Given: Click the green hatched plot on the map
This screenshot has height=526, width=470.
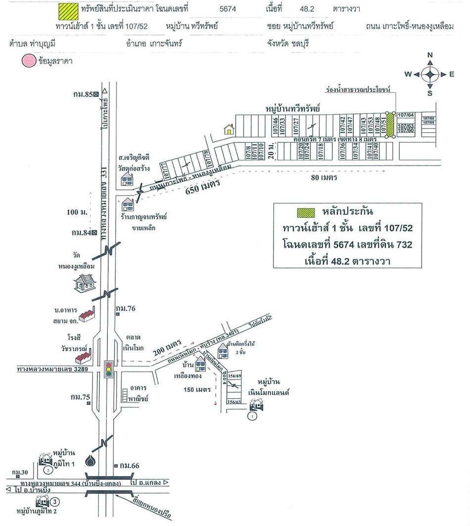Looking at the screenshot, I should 390,124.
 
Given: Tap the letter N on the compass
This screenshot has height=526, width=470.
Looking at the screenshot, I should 430,55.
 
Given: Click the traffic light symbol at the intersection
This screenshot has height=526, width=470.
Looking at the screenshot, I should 108,369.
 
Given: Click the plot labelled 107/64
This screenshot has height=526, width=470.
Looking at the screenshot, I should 406,115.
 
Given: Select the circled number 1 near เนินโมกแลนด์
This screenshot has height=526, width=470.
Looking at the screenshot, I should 253,417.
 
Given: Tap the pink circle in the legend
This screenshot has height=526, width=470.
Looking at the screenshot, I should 28,61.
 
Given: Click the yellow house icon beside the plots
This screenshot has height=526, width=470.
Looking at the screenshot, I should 229,129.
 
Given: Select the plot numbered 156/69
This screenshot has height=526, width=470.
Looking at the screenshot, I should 234,376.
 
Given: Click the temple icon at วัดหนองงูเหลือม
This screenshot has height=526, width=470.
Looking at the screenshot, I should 84,284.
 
